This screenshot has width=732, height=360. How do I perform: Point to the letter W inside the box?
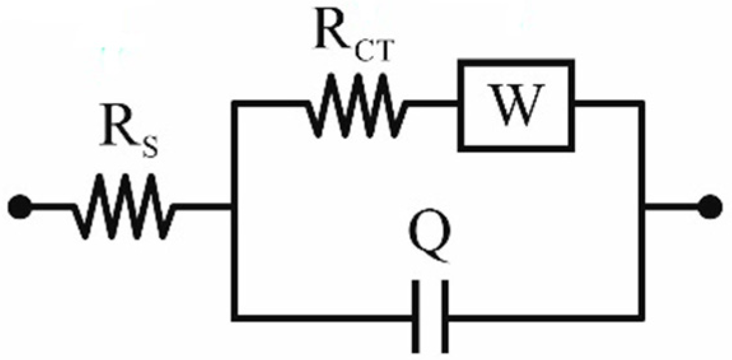click(516, 106)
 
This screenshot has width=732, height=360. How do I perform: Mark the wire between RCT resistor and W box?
click(433, 104)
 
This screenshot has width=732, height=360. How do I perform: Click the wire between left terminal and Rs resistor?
click(51, 207)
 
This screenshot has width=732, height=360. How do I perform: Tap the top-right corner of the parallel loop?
click(640, 104)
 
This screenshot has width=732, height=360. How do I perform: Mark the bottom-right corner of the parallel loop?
click(640, 315)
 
